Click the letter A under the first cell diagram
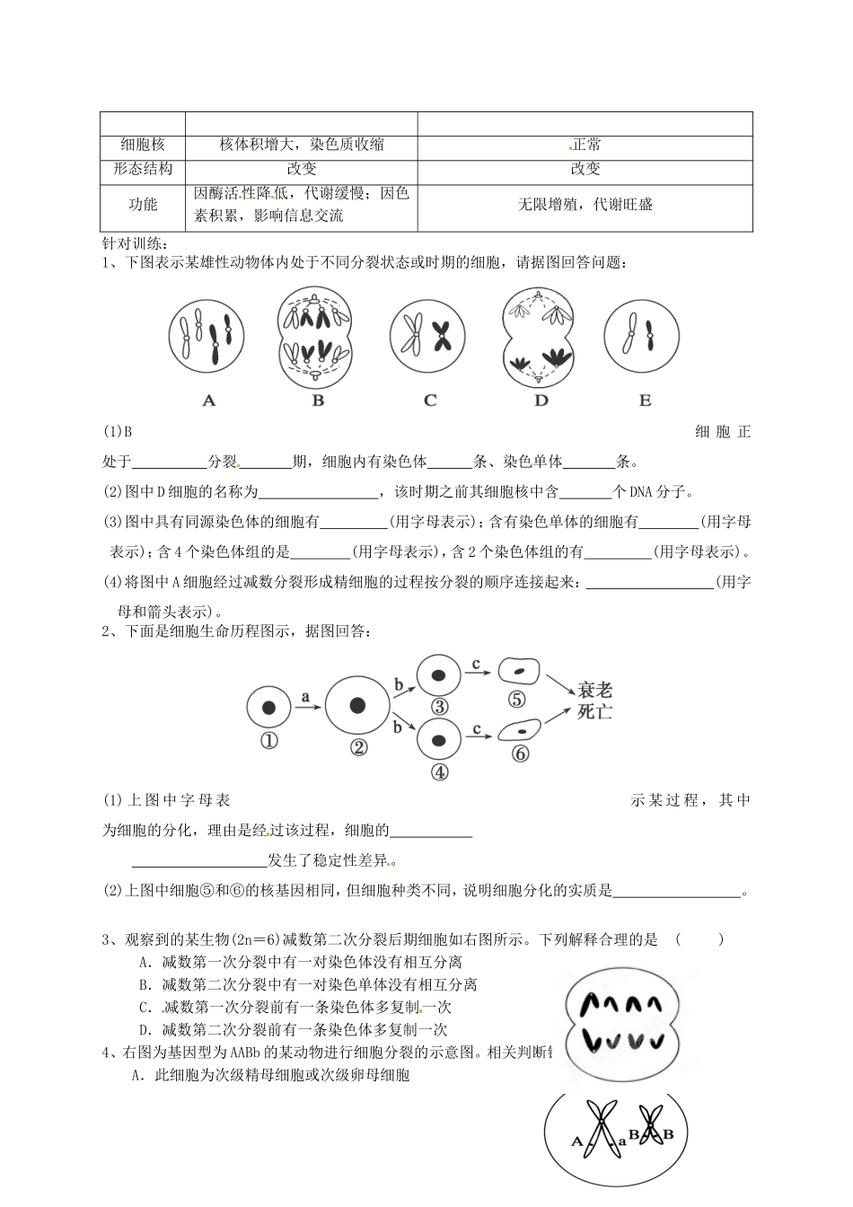pos(209,401)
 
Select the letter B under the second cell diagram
pos(318,401)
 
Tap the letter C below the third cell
pos(430,401)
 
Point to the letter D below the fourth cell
pos(541,401)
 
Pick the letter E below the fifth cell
pos(645,401)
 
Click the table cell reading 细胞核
pos(143,145)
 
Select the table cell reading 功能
pos(143,205)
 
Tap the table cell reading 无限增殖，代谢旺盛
pos(585,205)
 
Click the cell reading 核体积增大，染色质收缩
pos(302,145)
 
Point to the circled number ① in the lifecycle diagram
pos(268,741)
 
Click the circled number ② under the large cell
pos(357,746)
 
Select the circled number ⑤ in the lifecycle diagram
pos(516,700)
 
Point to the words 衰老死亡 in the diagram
pos(594,701)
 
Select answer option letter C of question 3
pos(144,1008)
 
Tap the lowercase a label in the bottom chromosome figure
pos(621,1141)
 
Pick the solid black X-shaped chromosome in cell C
pos(442,334)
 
